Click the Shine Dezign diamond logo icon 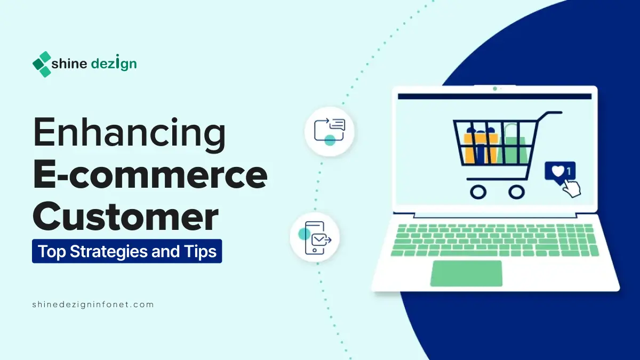tap(42, 64)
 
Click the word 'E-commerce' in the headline tap(150, 175)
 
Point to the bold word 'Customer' tap(126, 217)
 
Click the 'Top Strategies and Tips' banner tap(127, 251)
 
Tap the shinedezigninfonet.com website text tap(93, 305)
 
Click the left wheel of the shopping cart tap(478, 190)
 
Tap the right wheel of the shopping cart tap(517, 190)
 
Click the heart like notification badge tap(559, 172)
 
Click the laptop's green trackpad tap(466, 273)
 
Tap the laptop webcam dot tap(495, 89)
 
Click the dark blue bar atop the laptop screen tap(495, 97)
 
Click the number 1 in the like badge tap(569, 171)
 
